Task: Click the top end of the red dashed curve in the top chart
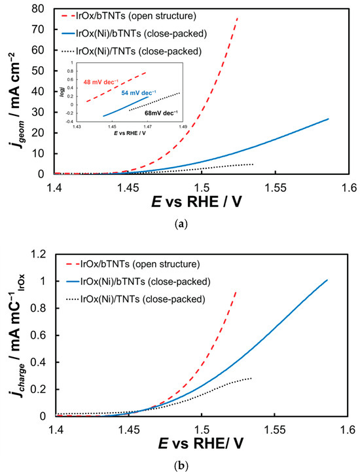pyautogui.click(x=238, y=18)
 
